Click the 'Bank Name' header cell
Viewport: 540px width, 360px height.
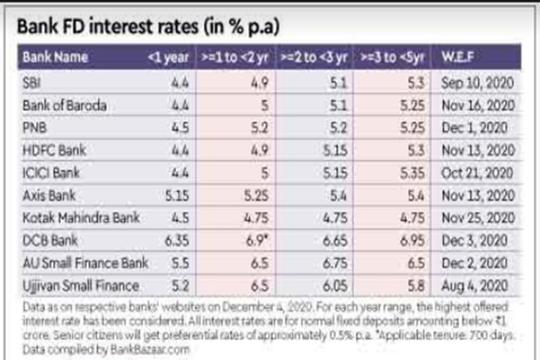51,57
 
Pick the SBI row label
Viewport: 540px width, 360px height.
32,82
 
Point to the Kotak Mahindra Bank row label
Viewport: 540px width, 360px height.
80,219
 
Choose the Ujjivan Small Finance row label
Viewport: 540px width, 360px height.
79,286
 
